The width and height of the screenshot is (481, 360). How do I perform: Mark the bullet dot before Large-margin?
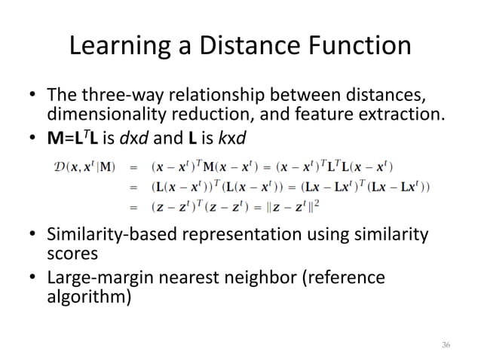pos(32,279)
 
